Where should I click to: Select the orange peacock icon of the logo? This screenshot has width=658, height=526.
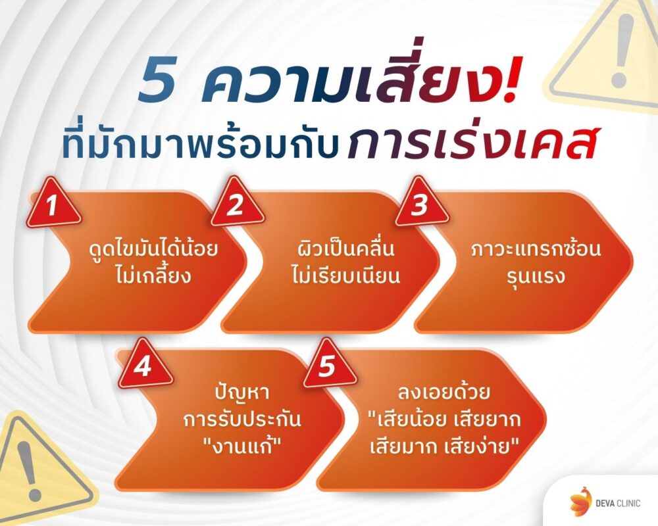(580, 501)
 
